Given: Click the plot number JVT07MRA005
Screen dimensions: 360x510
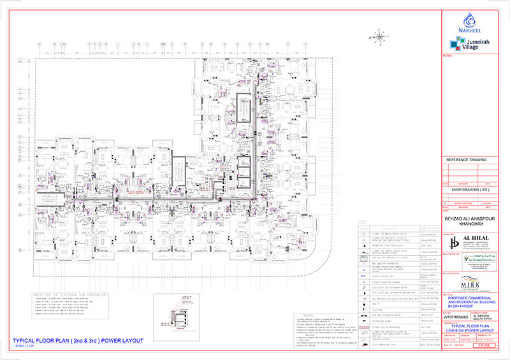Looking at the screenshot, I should (x=455, y=315).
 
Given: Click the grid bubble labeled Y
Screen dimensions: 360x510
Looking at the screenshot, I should (x=307, y=44).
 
